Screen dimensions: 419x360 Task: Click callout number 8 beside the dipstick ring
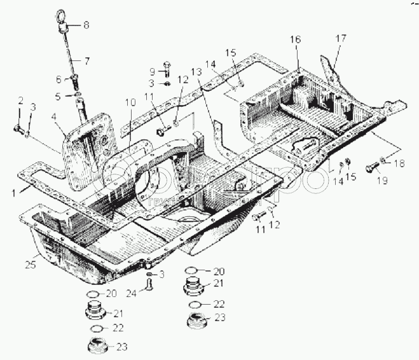point(87,26)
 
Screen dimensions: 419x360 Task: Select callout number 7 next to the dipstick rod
point(87,61)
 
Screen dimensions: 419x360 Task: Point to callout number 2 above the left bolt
point(20,100)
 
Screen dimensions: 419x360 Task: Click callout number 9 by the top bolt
point(153,71)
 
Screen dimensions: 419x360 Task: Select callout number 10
point(130,102)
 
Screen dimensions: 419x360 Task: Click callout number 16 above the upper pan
point(294,39)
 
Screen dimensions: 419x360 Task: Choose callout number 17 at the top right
point(341,38)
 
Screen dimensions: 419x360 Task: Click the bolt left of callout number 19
point(369,168)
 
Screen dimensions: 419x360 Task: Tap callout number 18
point(398,163)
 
